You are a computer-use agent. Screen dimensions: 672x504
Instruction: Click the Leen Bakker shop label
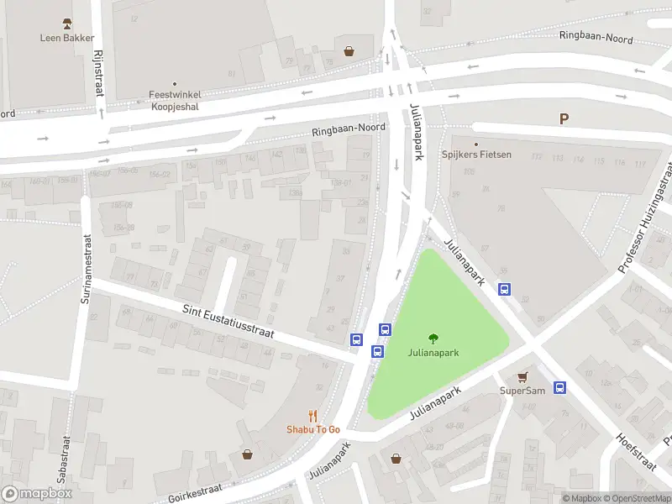(x=67, y=37)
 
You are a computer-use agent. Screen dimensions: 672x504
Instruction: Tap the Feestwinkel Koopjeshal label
(x=175, y=100)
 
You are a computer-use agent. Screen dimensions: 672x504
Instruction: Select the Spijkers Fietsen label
(x=476, y=155)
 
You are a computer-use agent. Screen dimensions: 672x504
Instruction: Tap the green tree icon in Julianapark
(x=433, y=339)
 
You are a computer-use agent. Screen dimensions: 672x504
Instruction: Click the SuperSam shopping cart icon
(x=522, y=377)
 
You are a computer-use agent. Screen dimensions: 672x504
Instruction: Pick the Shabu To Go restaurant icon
(x=313, y=415)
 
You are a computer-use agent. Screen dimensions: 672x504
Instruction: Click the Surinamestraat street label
(x=87, y=269)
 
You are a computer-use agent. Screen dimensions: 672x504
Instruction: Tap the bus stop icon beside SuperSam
(x=560, y=387)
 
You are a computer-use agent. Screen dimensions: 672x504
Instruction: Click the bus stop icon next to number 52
(x=505, y=290)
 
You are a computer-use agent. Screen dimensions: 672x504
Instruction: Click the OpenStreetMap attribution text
(x=636, y=498)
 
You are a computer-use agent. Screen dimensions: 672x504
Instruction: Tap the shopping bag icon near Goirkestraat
(x=248, y=454)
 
